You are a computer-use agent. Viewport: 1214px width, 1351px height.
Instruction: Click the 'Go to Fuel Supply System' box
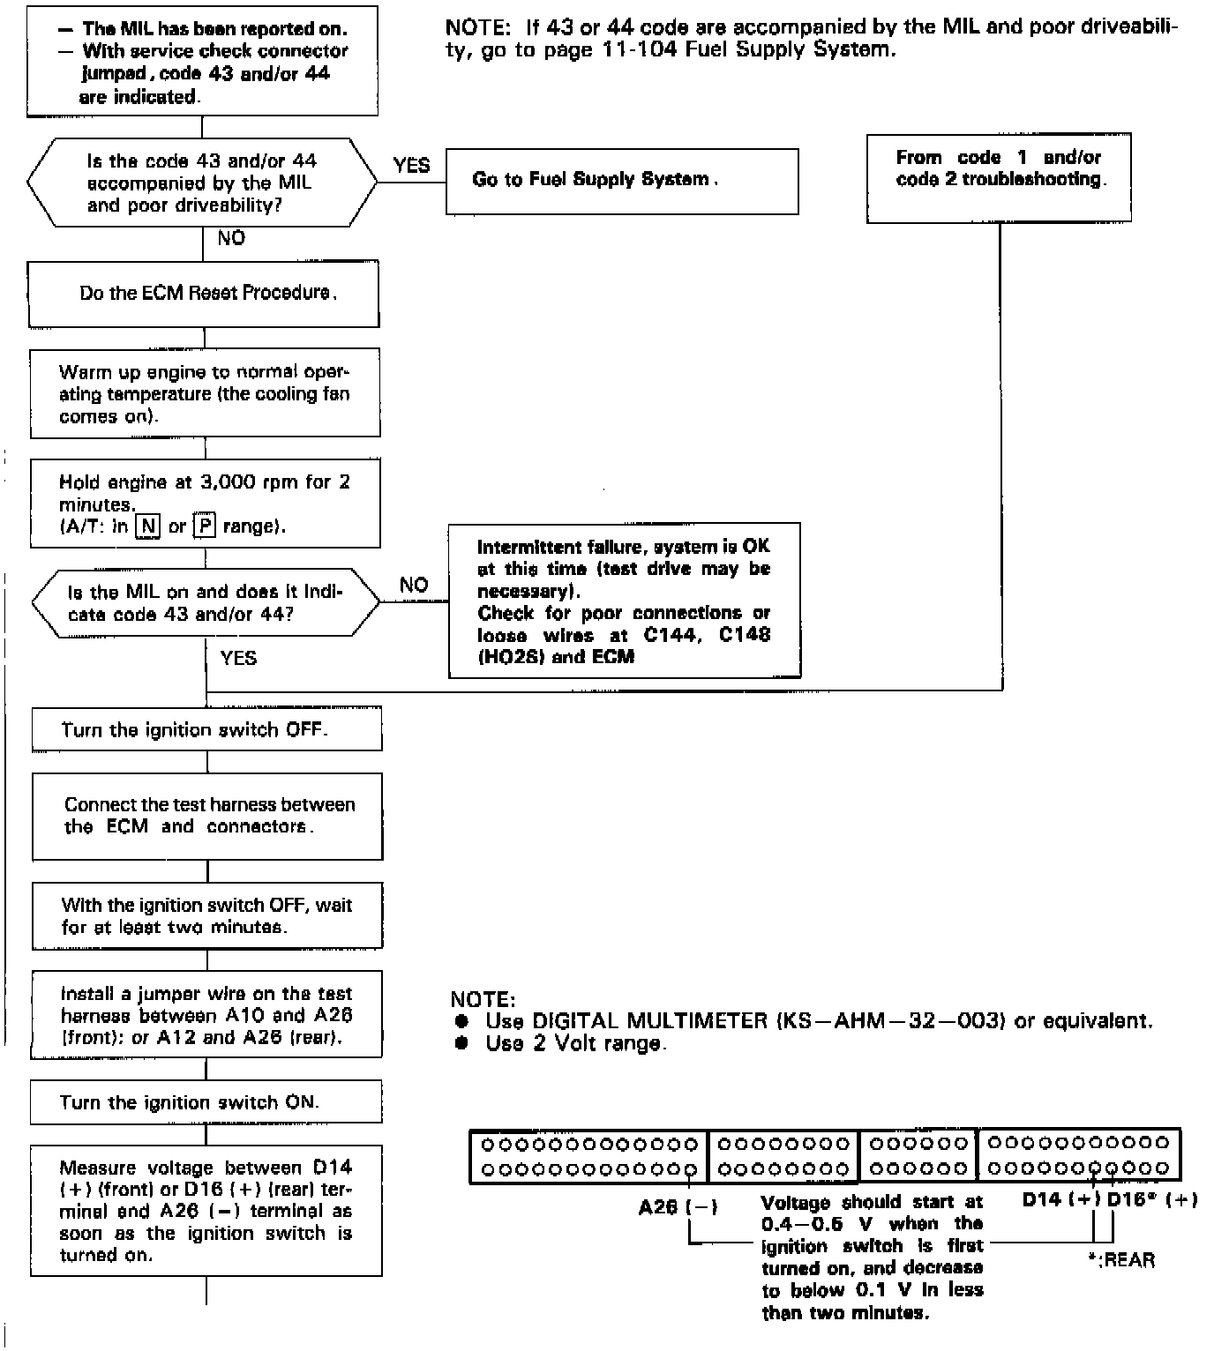coord(621,181)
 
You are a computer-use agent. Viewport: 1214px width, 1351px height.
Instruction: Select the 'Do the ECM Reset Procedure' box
coord(204,294)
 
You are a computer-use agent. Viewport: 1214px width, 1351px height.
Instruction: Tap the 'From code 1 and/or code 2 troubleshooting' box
coord(998,177)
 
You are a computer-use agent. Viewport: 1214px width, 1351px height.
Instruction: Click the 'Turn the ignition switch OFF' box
coord(206,729)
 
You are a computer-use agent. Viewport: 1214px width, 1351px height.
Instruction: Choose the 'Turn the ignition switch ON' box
coord(206,1102)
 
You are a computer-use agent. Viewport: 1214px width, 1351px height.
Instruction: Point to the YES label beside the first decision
coord(411,165)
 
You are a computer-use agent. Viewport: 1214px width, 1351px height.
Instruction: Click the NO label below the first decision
coord(231,238)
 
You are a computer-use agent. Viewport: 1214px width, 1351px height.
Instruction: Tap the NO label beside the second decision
coord(413,585)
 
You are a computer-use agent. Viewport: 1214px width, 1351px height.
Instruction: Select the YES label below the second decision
coord(238,658)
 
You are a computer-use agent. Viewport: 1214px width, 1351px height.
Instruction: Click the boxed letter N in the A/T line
coord(147,526)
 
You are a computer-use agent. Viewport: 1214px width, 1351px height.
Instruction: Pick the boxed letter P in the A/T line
coord(205,526)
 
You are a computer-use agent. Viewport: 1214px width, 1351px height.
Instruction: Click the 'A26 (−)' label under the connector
coord(678,1207)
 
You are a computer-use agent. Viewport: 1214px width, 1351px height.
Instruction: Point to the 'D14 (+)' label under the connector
coord(1060,1199)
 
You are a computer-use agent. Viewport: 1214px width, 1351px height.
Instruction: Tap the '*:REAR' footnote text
coord(1121,1260)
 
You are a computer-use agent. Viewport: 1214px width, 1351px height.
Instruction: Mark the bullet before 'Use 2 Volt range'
coord(461,1044)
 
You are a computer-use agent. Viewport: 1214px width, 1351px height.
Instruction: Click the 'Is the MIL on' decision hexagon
coord(206,603)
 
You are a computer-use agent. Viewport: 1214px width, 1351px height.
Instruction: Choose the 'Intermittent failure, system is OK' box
coord(624,601)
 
